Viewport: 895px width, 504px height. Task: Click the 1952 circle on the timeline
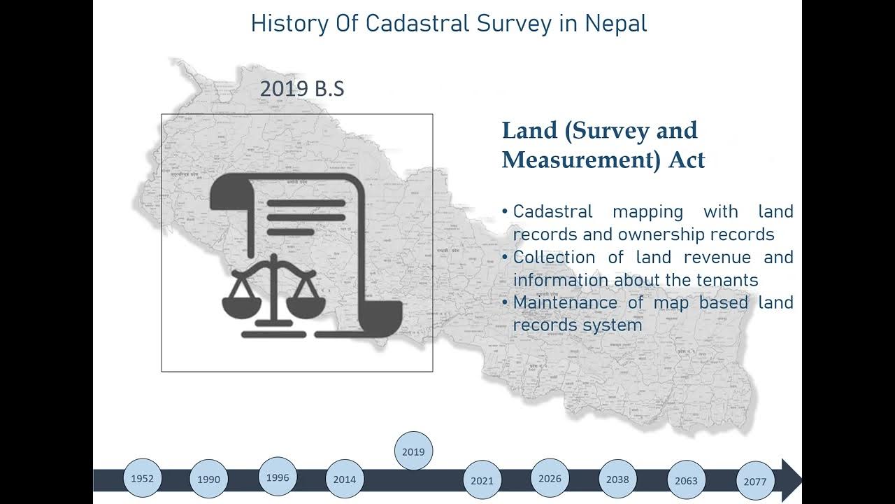142,479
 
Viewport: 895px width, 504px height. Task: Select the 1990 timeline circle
208,479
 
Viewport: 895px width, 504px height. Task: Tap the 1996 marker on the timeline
278,477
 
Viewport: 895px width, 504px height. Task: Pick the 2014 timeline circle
344,479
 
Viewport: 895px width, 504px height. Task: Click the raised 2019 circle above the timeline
413,451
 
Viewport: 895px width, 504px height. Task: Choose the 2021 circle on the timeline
482,480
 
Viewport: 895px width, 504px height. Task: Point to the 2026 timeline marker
550,479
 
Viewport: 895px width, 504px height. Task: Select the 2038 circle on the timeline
617,479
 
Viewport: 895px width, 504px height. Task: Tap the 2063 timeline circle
686,481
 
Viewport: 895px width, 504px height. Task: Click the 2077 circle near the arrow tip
755,482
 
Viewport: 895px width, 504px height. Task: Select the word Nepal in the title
615,23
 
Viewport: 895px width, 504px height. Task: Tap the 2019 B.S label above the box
302,89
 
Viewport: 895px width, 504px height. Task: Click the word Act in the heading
687,160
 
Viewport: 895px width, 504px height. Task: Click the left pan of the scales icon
241,306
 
